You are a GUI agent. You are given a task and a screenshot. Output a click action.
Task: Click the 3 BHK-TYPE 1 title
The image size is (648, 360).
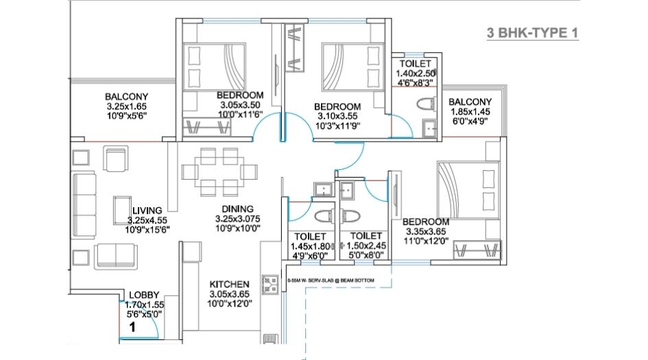click(x=531, y=32)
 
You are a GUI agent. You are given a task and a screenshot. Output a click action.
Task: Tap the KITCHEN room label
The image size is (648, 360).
click(x=230, y=284)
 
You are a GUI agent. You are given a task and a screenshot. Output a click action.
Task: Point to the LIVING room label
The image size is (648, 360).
click(x=147, y=210)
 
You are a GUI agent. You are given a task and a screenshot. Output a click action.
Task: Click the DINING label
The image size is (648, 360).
click(x=237, y=208)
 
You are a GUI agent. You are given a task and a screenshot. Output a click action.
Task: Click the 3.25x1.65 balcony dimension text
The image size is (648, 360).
click(x=127, y=107)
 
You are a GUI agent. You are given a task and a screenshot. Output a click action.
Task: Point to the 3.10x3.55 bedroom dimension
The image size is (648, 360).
click(x=337, y=117)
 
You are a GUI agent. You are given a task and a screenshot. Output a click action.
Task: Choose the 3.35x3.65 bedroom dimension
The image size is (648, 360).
click(x=425, y=232)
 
